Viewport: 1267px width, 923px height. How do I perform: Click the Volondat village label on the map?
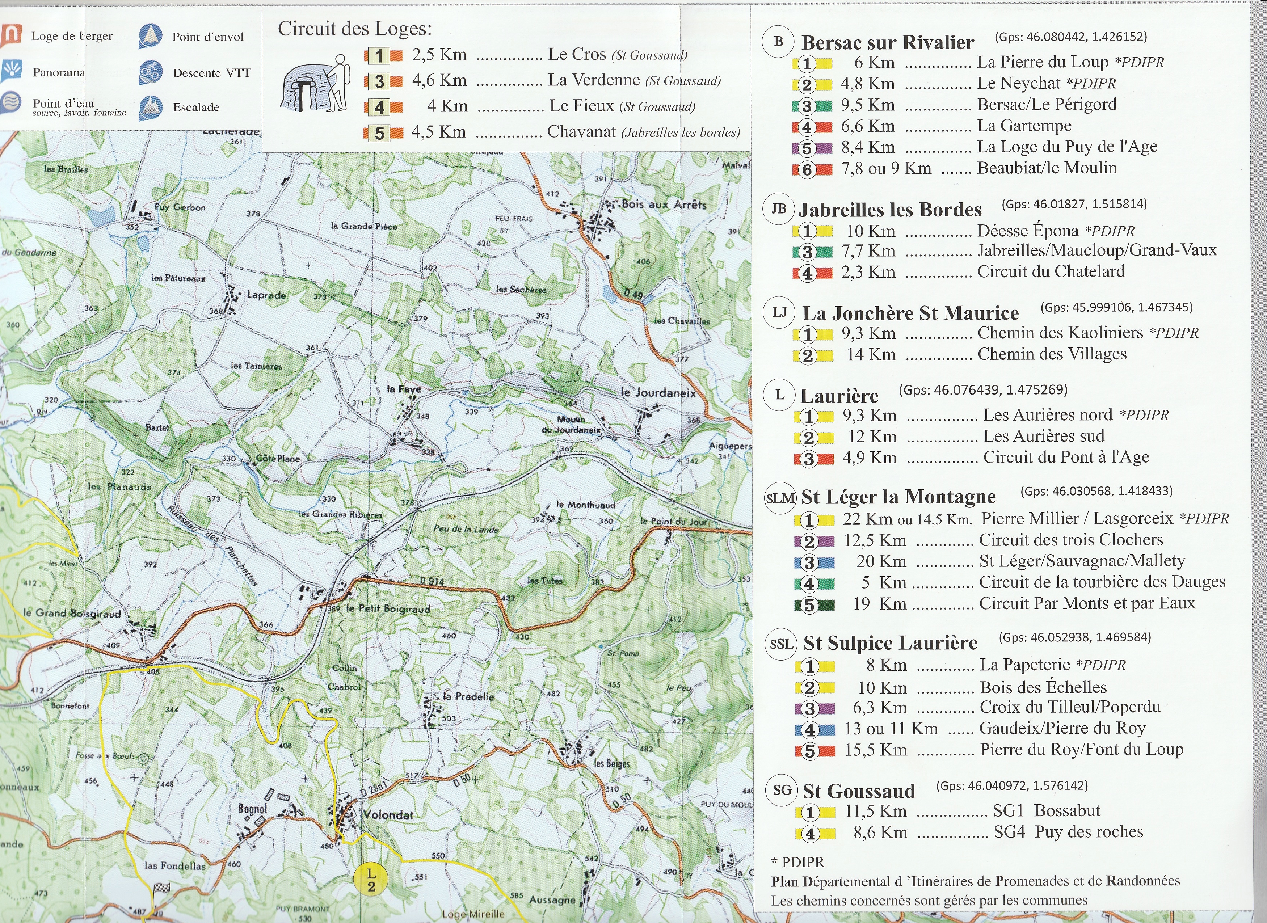coord(388,815)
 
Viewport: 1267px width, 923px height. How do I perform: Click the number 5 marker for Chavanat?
coord(380,133)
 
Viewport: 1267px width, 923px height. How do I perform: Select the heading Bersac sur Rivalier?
coord(887,42)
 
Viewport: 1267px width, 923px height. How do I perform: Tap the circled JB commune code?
coord(779,209)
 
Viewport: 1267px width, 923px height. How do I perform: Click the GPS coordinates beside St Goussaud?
coord(1012,785)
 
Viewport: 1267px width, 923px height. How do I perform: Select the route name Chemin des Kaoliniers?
coord(1060,333)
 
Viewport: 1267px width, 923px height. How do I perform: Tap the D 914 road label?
coord(432,581)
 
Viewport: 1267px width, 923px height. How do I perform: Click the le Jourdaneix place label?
coord(658,393)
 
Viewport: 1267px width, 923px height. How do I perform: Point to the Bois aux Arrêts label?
coord(664,205)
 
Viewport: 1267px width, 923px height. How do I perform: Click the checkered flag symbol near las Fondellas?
coord(161,888)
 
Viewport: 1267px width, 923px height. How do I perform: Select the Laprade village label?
coord(266,295)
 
